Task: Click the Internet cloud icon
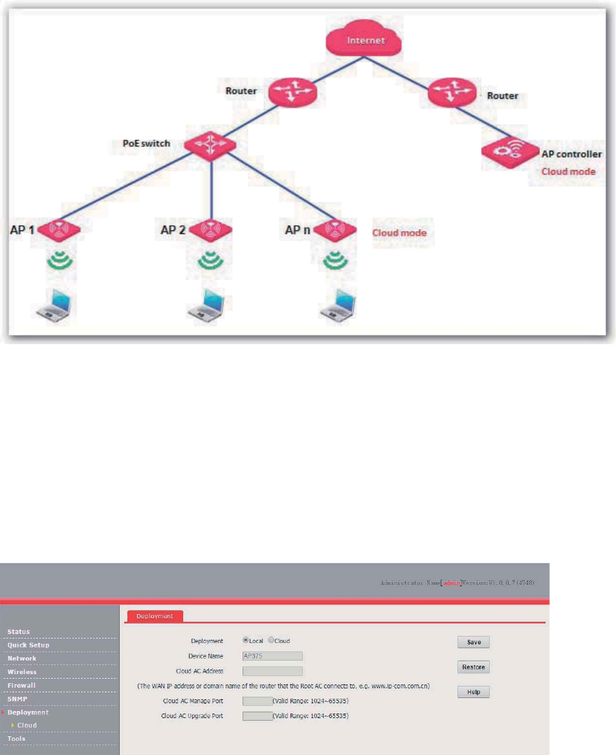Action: coord(363,42)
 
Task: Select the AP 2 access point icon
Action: coord(210,230)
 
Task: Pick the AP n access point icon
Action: coord(335,230)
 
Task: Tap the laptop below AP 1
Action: coord(56,305)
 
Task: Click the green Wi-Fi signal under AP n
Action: coord(335,260)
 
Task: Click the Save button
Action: coord(474,642)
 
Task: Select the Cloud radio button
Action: coord(271,640)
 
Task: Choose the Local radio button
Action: coord(246,640)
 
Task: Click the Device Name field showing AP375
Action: coord(272,656)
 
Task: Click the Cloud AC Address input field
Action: coord(272,672)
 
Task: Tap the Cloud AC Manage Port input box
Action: coord(257,701)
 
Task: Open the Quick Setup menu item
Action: coord(28,645)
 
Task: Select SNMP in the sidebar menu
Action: coord(18,699)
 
